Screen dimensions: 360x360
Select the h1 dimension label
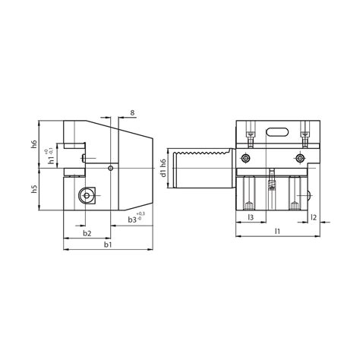(51, 160)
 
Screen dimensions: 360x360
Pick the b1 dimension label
(106, 245)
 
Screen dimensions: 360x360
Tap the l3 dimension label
(251, 217)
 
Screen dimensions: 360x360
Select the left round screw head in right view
(245, 159)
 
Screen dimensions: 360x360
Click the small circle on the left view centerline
(111, 167)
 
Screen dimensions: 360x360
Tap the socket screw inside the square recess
(87, 197)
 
